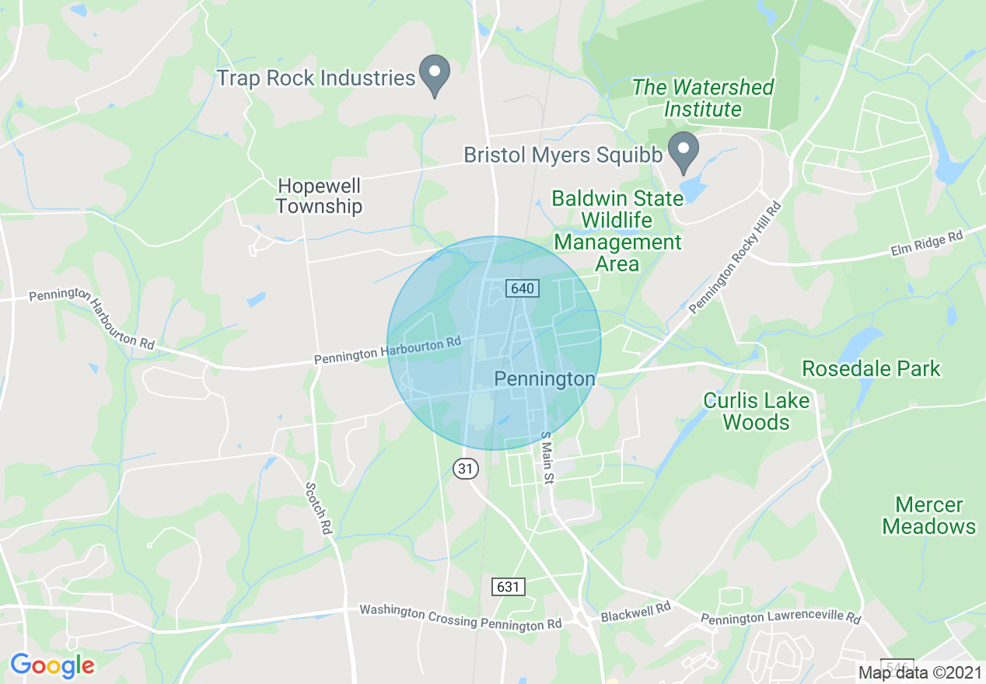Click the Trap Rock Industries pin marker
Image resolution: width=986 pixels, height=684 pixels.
tap(435, 75)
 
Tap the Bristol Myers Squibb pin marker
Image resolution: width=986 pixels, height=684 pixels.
tap(684, 152)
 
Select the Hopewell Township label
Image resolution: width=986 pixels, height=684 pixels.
tap(319, 196)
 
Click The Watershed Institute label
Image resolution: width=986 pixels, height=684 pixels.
tap(703, 98)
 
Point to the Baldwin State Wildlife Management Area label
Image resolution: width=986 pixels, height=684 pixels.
tap(617, 231)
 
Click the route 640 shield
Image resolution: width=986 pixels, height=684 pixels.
tap(522, 288)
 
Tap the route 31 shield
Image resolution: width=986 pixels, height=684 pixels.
tap(465, 468)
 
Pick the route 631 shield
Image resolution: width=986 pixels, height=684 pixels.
tap(508, 586)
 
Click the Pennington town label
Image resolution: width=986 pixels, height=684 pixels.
tap(545, 379)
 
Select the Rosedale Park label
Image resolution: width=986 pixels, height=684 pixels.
tap(871, 368)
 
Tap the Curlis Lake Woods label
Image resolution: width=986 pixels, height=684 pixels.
tap(757, 411)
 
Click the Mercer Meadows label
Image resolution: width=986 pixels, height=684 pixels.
tap(928, 515)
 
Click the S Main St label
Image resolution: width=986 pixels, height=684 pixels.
tap(546, 458)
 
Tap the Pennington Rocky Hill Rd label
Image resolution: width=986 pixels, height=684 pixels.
tap(735, 258)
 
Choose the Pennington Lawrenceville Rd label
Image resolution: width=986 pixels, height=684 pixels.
tap(781, 619)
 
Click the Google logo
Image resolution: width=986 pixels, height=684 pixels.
tap(52, 665)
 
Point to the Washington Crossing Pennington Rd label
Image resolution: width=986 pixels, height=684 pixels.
tap(460, 618)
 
